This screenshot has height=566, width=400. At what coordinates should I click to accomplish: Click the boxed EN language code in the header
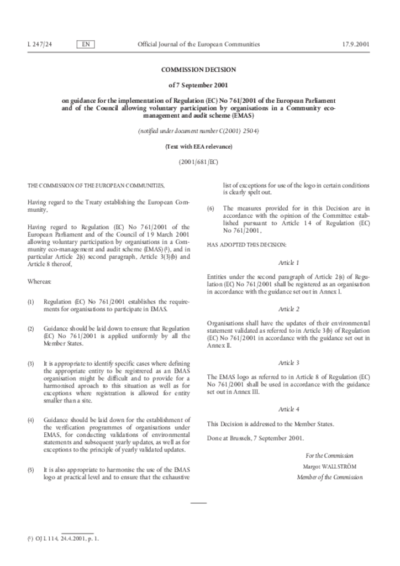[x=86, y=44]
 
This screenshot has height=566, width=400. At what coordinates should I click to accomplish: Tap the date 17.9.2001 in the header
[x=356, y=44]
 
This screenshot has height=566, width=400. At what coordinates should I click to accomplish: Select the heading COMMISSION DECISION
[x=198, y=70]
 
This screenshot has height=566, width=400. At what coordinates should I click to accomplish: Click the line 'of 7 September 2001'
[x=198, y=85]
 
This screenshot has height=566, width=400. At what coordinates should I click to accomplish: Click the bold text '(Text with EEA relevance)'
[x=198, y=146]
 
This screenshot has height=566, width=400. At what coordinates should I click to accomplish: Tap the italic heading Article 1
[x=288, y=263]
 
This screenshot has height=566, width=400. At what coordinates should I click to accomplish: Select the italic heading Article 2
[x=288, y=309]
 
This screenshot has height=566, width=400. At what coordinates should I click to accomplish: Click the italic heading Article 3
[x=288, y=363]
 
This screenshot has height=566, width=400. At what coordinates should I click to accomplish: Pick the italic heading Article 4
[x=288, y=409]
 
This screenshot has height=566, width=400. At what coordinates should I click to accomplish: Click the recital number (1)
[x=31, y=302]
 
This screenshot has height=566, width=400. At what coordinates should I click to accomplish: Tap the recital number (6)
[x=210, y=208]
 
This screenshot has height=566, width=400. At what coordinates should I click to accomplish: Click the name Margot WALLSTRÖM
[x=330, y=466]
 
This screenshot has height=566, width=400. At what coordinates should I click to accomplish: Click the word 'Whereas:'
[x=39, y=281]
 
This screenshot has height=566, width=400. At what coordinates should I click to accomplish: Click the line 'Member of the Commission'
[x=330, y=476]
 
